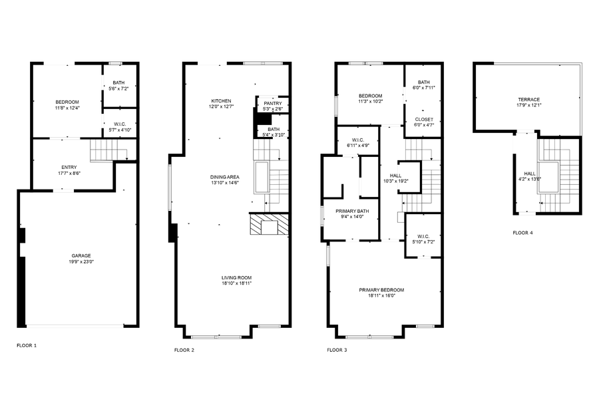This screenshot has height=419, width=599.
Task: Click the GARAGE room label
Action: click(81, 255)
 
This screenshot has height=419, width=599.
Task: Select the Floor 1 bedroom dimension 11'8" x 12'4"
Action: click(67, 108)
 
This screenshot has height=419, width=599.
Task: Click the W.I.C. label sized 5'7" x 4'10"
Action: click(120, 124)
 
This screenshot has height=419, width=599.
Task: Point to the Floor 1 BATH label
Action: click(118, 83)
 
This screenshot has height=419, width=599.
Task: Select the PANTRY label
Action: click(272, 103)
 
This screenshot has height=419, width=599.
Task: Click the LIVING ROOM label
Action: click(236, 277)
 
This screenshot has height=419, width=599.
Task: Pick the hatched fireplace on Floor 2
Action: click(270, 225)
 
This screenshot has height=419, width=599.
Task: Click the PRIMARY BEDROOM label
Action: click(381, 290)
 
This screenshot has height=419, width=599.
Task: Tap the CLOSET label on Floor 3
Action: click(423, 120)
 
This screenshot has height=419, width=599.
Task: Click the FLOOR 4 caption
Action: click(522, 233)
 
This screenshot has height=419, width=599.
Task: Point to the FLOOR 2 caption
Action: click(184, 350)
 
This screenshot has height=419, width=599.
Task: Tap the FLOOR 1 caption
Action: click(27, 346)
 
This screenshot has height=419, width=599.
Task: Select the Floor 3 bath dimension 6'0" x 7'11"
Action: click(423, 87)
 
